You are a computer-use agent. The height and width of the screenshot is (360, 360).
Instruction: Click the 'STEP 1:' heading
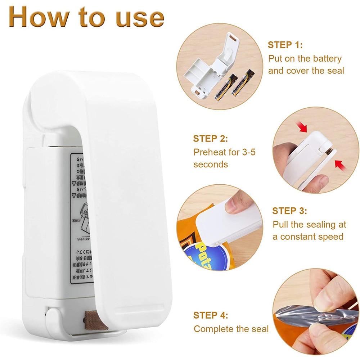pyautogui.click(x=285, y=45)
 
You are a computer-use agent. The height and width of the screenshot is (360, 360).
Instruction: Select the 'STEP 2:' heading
pyautogui.click(x=210, y=139)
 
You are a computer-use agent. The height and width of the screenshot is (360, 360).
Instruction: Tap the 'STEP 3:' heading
pyautogui.click(x=289, y=211)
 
